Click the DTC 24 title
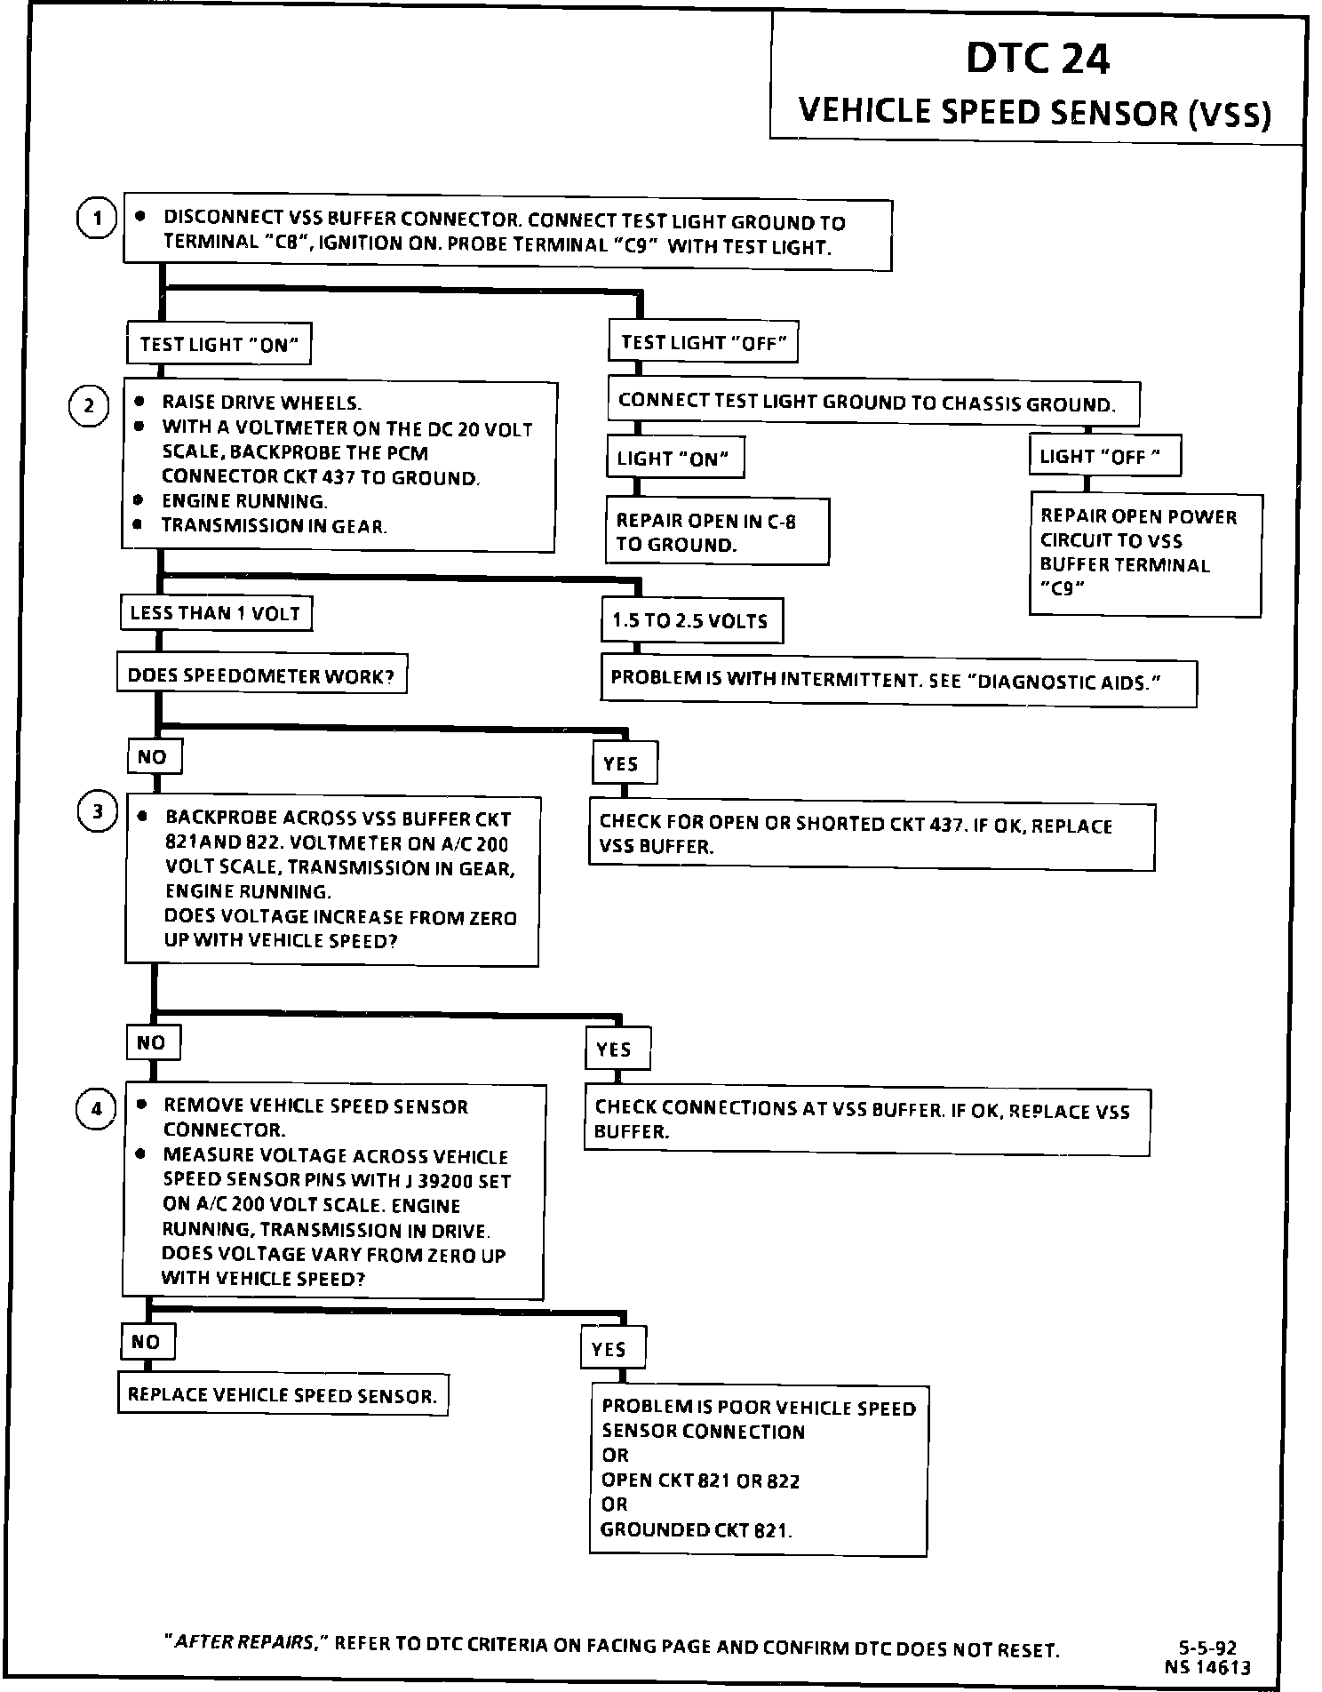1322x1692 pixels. pos(1037,60)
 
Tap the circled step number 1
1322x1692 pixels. pos(96,219)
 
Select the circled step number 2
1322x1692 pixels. pos(89,407)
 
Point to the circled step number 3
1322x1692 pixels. pos(98,812)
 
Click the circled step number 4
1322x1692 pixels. pos(96,1109)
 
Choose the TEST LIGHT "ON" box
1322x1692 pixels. pos(219,344)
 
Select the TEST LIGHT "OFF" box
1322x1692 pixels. pos(703,342)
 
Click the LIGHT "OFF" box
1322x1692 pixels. pos(1104,457)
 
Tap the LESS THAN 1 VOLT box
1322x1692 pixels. pos(215,613)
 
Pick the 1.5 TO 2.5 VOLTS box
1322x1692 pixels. pos(690,620)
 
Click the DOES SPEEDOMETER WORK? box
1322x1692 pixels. pos(261,676)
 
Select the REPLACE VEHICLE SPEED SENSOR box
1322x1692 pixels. pos(283,1394)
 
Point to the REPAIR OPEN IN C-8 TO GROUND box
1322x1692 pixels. pos(716,532)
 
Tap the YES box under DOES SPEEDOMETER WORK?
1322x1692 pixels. pos(624,763)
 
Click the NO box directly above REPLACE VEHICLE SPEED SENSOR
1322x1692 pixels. pos(147,1341)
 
